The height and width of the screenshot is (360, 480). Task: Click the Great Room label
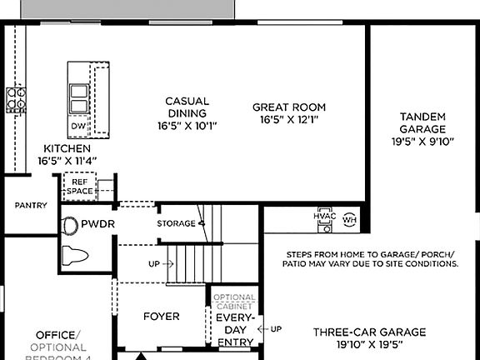[x=289, y=107]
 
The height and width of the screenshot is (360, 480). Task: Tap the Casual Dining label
[x=187, y=107]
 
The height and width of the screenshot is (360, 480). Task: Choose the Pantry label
[x=31, y=205]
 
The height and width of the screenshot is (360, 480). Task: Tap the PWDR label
[x=97, y=224]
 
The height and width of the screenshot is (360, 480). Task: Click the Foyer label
[x=162, y=317]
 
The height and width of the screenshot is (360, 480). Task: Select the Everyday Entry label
[x=235, y=329]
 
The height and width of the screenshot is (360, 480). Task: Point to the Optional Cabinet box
[x=235, y=301]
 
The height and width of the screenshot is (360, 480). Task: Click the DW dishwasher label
[x=77, y=126]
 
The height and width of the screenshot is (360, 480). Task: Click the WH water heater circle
[x=349, y=220]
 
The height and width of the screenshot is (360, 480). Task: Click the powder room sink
[x=67, y=224]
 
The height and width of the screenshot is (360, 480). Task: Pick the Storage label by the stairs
[x=176, y=223]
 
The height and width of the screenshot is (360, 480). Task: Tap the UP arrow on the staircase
[x=160, y=263]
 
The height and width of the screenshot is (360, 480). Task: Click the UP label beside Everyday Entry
[x=276, y=329]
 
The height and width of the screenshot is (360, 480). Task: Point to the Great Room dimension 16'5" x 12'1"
[x=289, y=119]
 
